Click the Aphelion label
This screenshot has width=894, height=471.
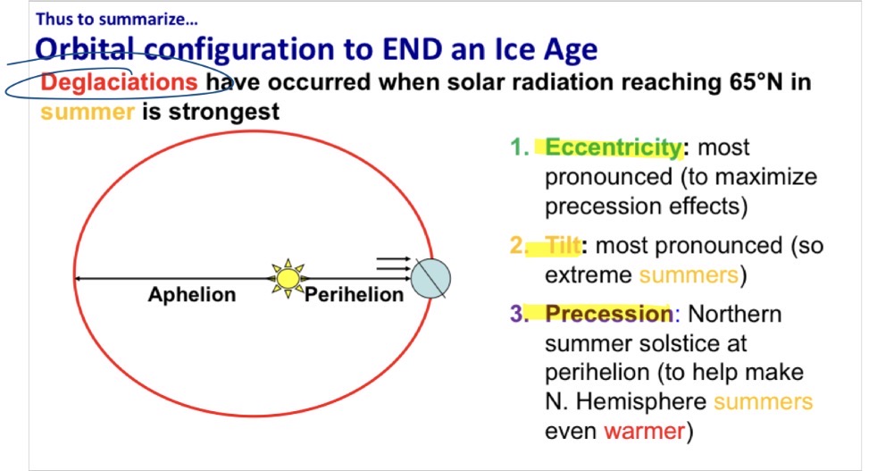point(192,295)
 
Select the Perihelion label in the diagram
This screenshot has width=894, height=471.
point(355,295)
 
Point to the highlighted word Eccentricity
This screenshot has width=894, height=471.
point(614,147)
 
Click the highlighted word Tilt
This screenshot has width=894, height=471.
point(564,245)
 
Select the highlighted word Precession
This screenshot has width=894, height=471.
point(609,314)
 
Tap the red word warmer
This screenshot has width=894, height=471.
point(643,431)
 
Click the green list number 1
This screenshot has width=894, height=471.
point(517,147)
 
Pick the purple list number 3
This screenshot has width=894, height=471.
point(518,314)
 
